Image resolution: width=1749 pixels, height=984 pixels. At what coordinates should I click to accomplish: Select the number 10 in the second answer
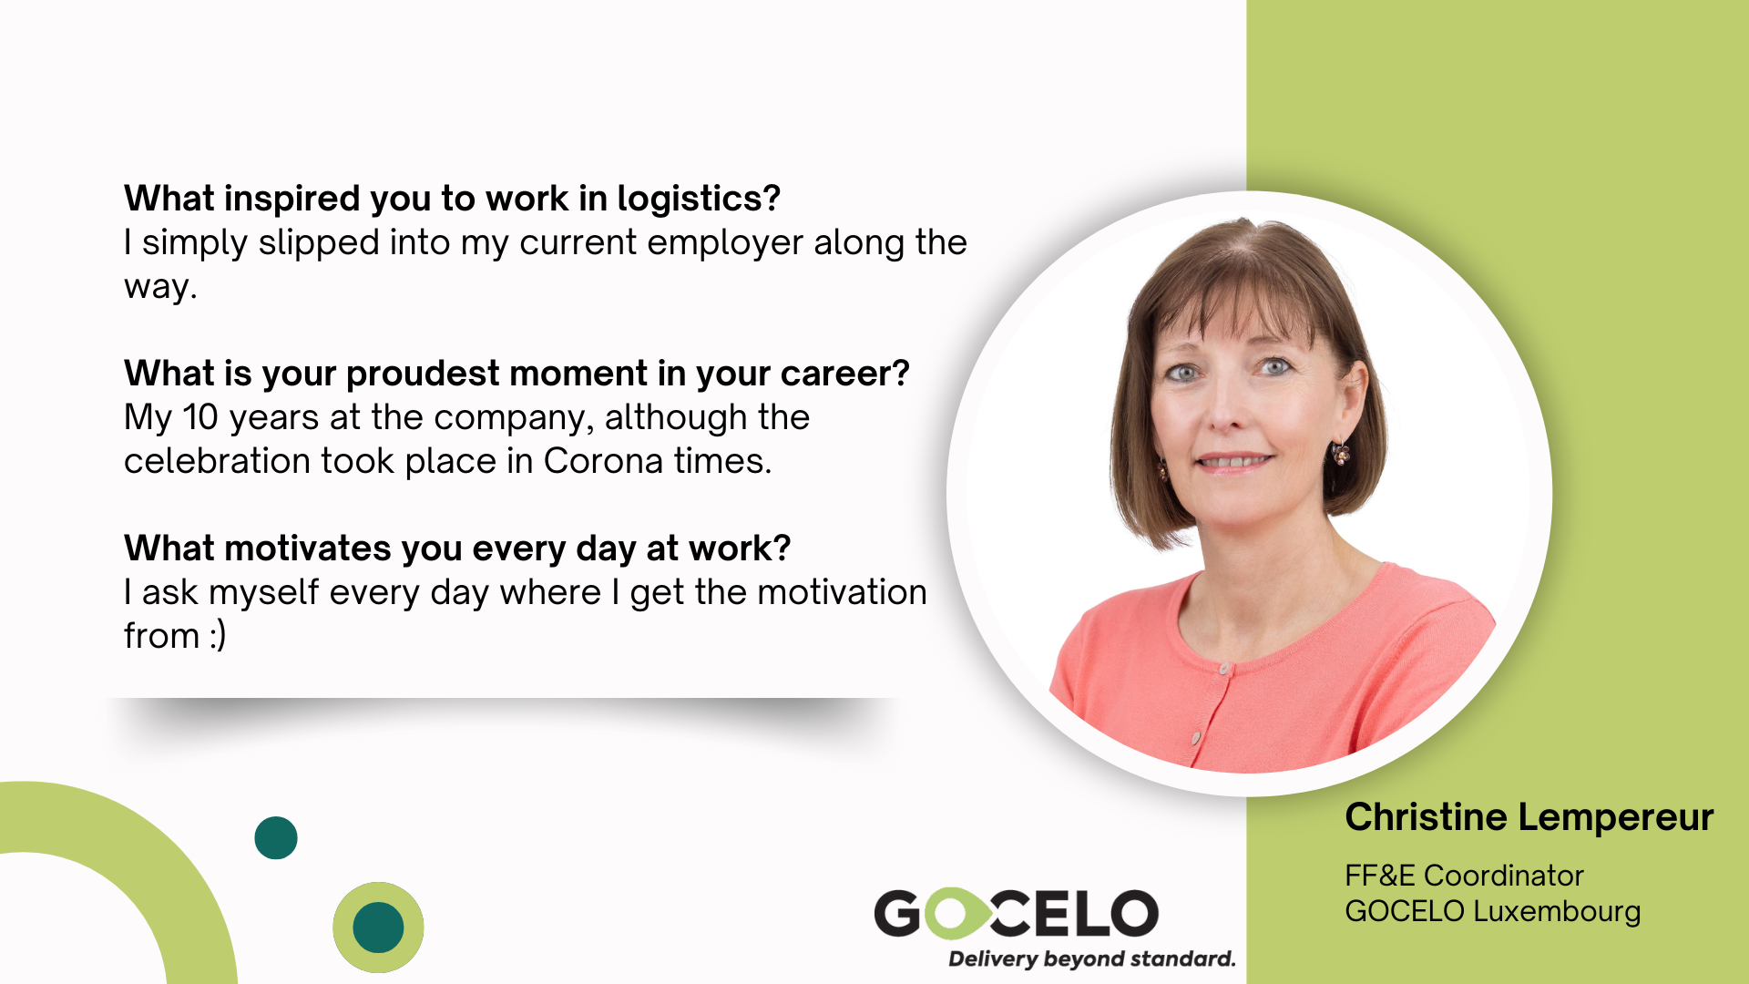click(200, 417)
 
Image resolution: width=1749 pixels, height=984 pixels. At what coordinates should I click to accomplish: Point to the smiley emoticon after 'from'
click(218, 636)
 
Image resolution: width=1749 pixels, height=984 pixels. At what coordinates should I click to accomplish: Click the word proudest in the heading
click(422, 374)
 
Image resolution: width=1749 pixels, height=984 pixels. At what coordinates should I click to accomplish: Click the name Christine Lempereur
click(1529, 817)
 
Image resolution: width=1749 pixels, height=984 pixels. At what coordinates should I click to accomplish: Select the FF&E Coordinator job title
click(1464, 876)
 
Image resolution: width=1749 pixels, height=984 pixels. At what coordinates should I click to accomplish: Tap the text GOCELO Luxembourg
click(1493, 912)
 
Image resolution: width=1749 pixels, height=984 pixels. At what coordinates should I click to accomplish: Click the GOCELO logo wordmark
click(1016, 914)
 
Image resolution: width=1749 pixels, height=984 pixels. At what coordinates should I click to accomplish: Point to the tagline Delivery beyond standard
click(1091, 959)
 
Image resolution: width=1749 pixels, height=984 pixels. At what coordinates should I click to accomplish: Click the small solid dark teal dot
click(276, 838)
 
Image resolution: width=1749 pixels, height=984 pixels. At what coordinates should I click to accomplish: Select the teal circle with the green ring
click(378, 928)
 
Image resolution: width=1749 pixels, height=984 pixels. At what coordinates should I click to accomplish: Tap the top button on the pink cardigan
click(1225, 670)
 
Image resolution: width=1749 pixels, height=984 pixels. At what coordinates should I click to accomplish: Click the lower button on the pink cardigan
click(1195, 737)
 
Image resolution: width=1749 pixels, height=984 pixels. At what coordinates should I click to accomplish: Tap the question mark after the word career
click(901, 374)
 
